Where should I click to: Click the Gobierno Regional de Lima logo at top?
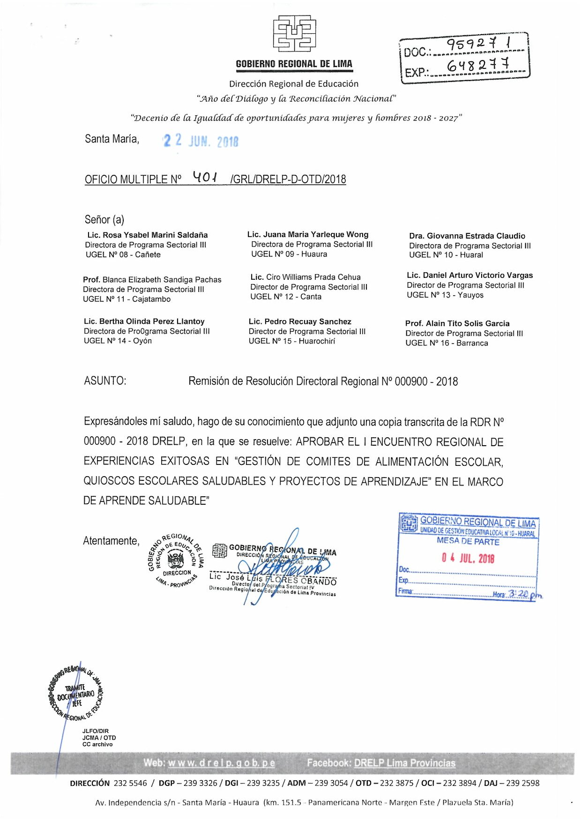[x=294, y=34]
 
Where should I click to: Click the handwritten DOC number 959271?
[x=478, y=45]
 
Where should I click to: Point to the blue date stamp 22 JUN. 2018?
[x=201, y=141]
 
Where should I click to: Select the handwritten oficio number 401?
[x=205, y=177]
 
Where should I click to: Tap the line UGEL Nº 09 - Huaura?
[x=289, y=254]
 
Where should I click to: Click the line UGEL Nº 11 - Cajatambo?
[x=127, y=299]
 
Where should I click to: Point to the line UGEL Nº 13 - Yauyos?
[x=445, y=295]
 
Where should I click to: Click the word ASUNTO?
[x=105, y=381]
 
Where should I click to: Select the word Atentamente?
[x=111, y=541]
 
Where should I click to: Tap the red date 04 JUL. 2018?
[x=468, y=558]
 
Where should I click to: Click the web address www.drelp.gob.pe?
[x=221, y=763]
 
